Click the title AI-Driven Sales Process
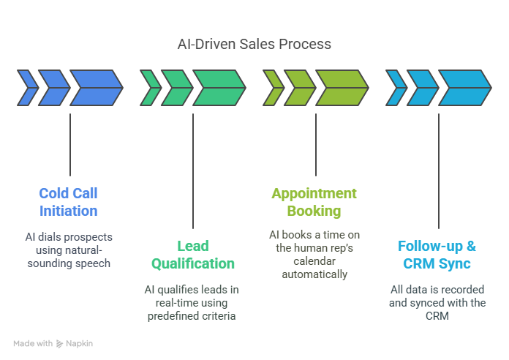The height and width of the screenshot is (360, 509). click(254, 44)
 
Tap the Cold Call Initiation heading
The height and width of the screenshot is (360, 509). click(68, 202)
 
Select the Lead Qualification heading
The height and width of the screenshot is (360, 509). click(193, 255)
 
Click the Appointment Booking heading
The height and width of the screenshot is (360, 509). click(314, 202)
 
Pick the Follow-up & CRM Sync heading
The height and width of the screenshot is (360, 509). click(437, 255)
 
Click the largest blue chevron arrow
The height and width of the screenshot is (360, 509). click(97, 88)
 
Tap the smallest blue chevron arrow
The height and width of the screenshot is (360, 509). click(28, 88)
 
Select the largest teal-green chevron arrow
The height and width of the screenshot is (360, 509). click(219, 88)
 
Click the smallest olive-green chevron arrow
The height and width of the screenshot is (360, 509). click(274, 88)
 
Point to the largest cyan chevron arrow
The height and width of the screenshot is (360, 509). click(465, 88)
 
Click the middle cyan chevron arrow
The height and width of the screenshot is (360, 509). click(423, 88)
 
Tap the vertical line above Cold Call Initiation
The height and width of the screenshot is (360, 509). click(70, 145)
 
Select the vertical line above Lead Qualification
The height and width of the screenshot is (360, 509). click(193, 171)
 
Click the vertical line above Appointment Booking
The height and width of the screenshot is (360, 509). click(316, 145)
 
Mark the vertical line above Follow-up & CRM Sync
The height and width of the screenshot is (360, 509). click(439, 171)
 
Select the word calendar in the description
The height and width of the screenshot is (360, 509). click(314, 261)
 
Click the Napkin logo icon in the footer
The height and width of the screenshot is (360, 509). click(59, 344)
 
